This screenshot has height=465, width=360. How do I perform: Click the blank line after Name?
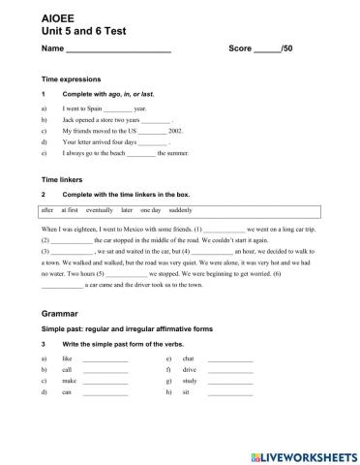coord(118,49)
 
